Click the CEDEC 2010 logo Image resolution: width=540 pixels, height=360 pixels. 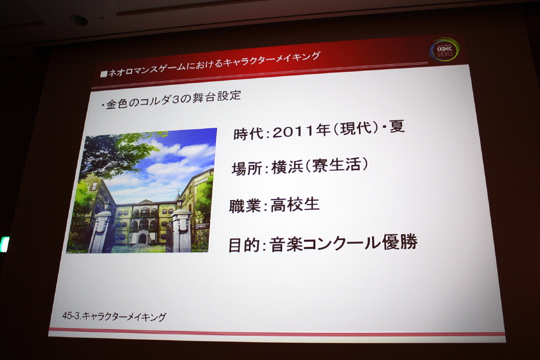pyautogui.click(x=445, y=49)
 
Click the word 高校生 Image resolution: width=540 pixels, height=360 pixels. pyautogui.click(x=295, y=205)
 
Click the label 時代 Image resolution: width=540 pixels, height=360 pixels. pyautogui.click(x=249, y=134)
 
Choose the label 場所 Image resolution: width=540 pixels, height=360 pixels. pyautogui.click(x=247, y=168)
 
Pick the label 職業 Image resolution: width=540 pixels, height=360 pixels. pyautogui.click(x=245, y=206)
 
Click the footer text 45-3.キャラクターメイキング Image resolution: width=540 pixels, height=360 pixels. pyautogui.click(x=114, y=317)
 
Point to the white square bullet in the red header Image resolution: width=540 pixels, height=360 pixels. pyautogui.click(x=104, y=73)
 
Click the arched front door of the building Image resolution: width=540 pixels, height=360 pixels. pyautogui.click(x=142, y=238)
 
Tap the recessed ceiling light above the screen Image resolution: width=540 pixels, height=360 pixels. pyautogui.click(x=80, y=20)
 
